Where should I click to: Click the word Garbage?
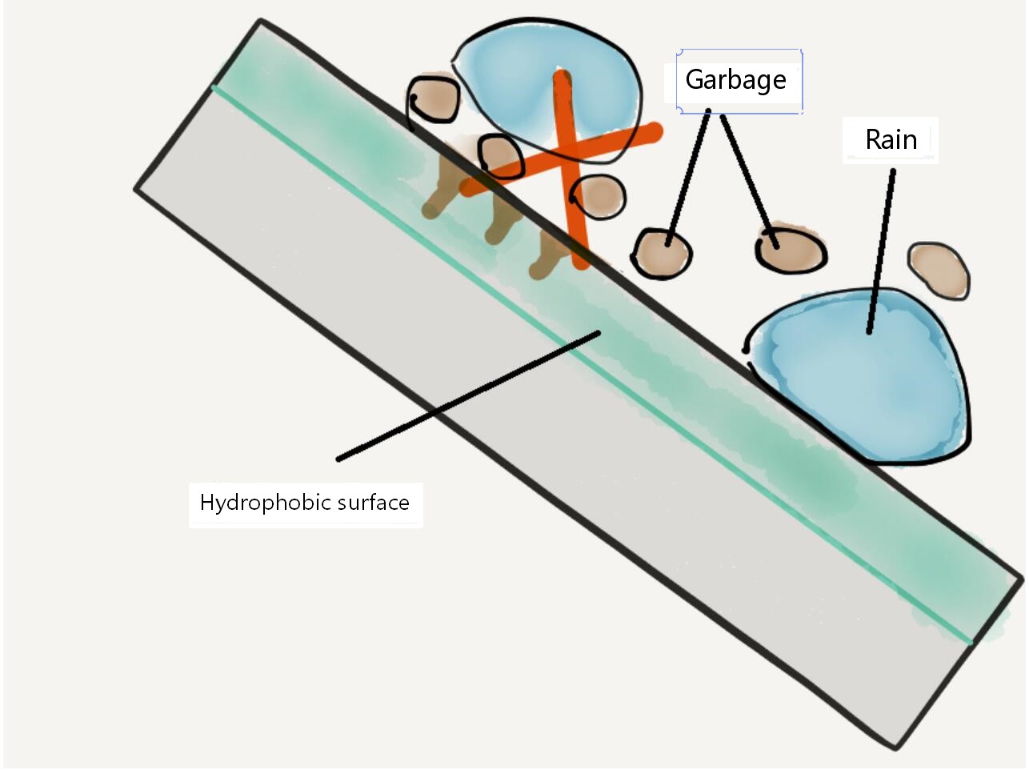735,81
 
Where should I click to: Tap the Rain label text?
891,140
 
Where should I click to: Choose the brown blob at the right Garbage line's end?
791,251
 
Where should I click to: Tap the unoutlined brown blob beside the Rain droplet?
939,270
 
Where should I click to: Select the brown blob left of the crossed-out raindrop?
434,99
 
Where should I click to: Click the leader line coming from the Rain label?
881,251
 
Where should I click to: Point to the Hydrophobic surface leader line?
468,396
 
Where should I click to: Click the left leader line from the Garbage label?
688,177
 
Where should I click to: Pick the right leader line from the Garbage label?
749,181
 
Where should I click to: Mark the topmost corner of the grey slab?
261,21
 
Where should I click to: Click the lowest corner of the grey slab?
895,748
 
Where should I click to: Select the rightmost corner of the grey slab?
1022,580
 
